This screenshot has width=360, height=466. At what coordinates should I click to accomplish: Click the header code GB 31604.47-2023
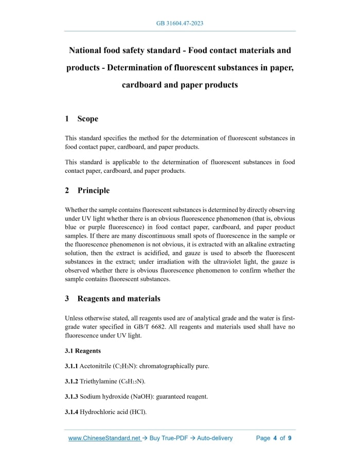179,24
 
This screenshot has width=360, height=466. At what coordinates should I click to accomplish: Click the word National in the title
89,50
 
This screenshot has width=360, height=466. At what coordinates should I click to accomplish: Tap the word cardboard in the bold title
142,85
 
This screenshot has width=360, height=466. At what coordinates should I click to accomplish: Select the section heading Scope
87,119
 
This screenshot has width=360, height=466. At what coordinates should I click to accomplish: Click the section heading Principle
94,190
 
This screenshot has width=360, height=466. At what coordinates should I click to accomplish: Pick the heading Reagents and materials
119,298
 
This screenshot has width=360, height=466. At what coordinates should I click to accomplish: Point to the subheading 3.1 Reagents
83,351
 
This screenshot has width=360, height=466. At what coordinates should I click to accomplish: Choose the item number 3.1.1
71,366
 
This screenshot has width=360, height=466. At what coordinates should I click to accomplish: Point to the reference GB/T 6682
147,327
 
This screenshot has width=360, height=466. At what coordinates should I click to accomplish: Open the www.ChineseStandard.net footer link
104,438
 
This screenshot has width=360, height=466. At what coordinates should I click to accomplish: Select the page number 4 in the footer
275,438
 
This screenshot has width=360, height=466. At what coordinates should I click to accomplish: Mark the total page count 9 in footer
290,438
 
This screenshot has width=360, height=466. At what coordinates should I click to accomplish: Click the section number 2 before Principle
67,190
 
